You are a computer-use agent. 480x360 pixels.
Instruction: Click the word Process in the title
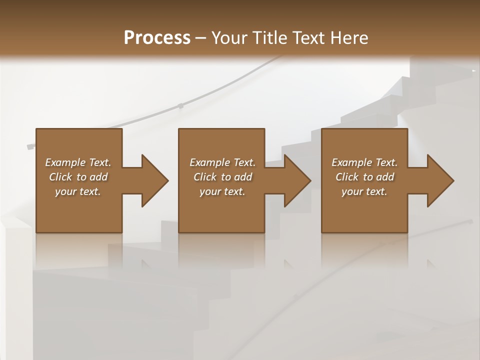point(157,38)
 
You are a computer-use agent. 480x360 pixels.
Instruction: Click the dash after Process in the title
point(201,38)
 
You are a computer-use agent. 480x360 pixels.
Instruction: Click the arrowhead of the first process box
point(155,180)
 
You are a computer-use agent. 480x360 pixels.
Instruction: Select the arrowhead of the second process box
point(297,180)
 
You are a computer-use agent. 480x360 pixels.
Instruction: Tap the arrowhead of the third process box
point(440,180)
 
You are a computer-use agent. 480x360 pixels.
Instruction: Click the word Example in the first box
point(65,162)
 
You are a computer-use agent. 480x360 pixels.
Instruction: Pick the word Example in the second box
point(209,162)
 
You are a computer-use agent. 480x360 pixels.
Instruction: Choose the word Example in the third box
point(351,162)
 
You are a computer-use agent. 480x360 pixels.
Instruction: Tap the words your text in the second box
point(222,191)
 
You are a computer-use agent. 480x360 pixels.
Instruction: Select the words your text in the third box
point(364,191)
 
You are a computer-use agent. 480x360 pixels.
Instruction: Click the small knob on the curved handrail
point(180,106)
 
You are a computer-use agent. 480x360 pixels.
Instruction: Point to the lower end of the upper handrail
point(30,146)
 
